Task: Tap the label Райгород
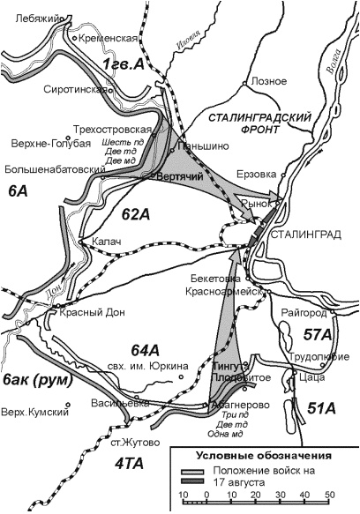(304, 313)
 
